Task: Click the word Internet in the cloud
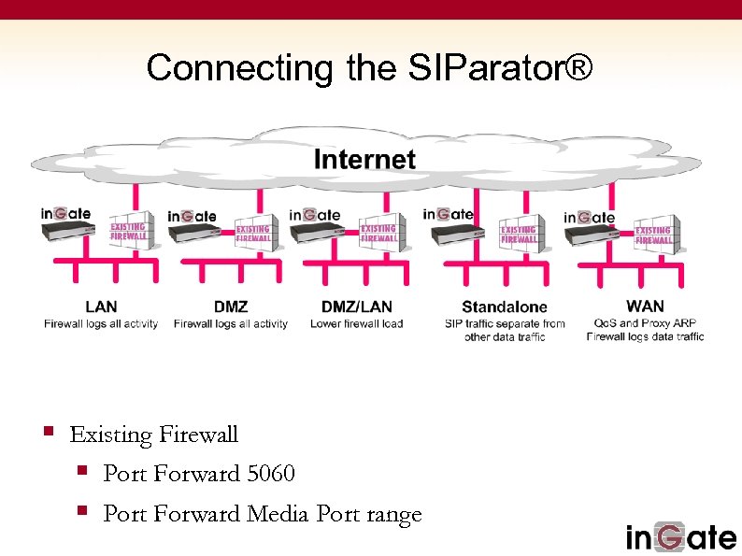point(364,159)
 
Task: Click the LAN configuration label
point(101,307)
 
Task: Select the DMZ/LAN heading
point(356,307)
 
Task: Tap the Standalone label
point(505,307)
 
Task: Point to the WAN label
point(645,306)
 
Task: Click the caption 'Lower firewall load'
point(356,323)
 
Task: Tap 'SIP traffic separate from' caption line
point(505,324)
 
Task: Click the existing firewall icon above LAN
point(128,234)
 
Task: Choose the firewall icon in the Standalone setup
point(519,235)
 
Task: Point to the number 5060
point(271,474)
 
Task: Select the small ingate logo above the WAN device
point(589,217)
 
